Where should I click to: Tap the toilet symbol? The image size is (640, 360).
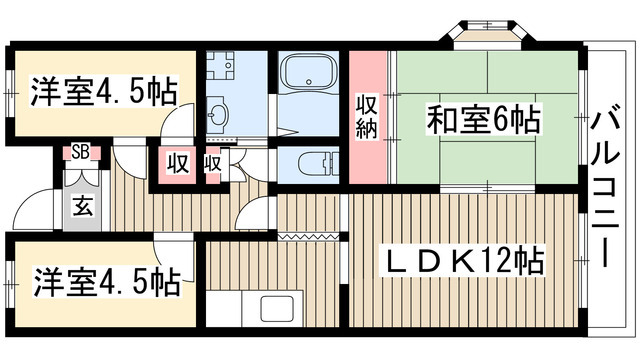tap(311, 163)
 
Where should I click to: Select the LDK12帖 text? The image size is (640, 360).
tap(465, 263)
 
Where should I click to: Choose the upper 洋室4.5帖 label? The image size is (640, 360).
tap(103, 91)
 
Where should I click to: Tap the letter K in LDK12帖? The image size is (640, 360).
tap(465, 263)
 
